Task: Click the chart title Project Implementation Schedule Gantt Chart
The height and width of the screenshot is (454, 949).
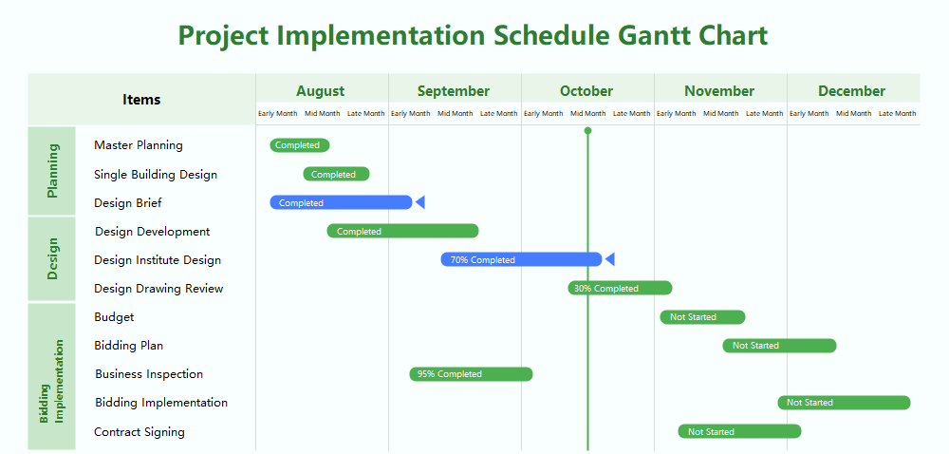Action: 473,35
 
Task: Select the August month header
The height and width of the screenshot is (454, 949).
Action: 321,91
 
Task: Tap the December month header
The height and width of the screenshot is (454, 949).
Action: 851,91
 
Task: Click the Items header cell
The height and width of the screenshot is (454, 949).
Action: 141,99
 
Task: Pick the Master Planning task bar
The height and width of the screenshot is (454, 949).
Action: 300,145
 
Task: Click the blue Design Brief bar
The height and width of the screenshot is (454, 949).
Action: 341,202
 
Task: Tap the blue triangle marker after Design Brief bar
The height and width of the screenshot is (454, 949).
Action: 420,202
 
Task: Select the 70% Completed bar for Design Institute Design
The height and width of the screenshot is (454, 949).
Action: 521,259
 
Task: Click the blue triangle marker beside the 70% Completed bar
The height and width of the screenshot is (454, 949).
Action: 610,259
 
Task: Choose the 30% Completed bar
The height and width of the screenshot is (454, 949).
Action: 620,288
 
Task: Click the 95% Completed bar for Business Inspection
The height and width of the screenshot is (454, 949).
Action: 471,374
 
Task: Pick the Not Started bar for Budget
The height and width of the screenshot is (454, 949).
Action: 702,317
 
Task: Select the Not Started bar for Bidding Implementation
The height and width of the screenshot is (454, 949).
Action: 844,403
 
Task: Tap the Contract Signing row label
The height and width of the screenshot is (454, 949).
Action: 140,432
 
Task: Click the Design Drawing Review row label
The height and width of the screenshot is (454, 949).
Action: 158,289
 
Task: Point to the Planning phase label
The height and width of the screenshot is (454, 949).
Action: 53,170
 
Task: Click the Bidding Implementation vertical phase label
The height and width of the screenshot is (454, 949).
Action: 52,381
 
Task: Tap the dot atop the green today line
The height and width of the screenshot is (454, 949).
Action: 588,130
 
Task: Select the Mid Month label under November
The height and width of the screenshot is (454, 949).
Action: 720,114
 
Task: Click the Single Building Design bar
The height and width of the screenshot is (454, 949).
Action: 336,174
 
